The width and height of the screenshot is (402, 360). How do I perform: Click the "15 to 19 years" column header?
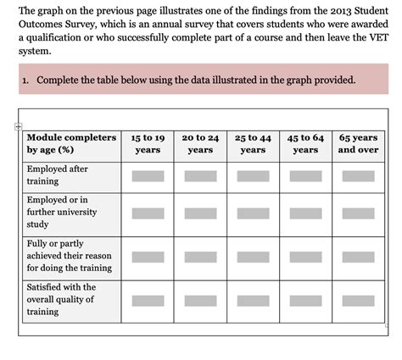click(x=148, y=143)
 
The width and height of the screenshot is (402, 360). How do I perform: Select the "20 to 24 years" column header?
click(x=200, y=143)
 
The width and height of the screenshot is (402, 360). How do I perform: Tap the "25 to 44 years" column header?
click(x=253, y=143)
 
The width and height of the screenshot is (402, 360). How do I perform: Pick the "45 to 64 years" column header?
click(x=305, y=143)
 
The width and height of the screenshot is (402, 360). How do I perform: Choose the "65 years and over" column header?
click(x=358, y=143)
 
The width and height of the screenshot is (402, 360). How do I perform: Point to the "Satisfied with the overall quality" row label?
click(x=61, y=299)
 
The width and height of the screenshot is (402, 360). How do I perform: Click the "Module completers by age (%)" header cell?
click(x=71, y=143)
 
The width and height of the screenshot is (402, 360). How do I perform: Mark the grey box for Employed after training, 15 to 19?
click(x=148, y=176)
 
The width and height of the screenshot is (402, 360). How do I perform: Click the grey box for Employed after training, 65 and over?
click(x=358, y=176)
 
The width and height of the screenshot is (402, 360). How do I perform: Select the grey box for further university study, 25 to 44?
click(x=253, y=213)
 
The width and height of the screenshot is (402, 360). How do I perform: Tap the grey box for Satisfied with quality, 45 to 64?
click(x=305, y=300)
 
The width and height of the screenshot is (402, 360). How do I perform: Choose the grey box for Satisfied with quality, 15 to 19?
click(x=148, y=300)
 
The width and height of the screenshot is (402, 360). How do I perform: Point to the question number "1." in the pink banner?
click(x=27, y=80)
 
